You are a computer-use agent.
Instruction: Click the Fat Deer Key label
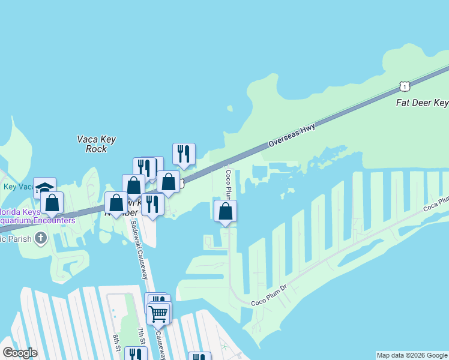tap(422, 103)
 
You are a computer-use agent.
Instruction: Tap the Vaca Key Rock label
tap(96, 144)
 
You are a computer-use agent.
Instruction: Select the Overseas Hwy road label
tap(291, 134)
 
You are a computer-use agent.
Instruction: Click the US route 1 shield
tap(405, 86)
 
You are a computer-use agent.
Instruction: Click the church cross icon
tap(41, 239)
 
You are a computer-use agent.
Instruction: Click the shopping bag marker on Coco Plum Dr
tap(226, 211)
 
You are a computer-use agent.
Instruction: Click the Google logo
tap(20, 353)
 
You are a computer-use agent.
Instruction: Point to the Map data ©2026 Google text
tap(412, 355)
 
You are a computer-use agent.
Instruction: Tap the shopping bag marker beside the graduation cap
tap(53, 203)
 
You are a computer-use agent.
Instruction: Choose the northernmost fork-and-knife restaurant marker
tap(184, 154)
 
